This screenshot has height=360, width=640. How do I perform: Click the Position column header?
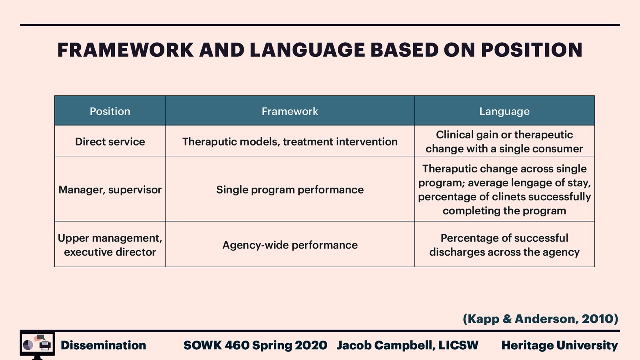tap(110, 111)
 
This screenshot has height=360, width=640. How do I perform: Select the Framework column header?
tap(290, 111)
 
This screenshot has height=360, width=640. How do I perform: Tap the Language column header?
tap(504, 111)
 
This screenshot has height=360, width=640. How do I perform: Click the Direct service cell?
tap(110, 142)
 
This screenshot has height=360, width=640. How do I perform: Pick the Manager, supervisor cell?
tap(110, 190)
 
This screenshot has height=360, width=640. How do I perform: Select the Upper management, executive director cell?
tap(110, 245)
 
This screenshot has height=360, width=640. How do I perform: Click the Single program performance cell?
tap(290, 190)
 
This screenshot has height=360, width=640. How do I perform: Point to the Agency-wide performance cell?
tap(290, 245)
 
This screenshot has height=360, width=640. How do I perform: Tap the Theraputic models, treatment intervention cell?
tap(290, 142)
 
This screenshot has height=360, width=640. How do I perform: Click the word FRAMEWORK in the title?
tap(126, 50)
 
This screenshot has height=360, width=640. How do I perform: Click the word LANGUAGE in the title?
tap(307, 50)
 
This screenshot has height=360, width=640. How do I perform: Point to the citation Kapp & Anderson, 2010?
tap(540, 319)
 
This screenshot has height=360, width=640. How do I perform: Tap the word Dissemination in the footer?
tap(103, 345)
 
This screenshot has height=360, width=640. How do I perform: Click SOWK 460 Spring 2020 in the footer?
tap(255, 345)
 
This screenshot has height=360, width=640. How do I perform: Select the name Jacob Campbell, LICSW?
tap(407, 345)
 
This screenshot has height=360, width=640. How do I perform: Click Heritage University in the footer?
tap(559, 345)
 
